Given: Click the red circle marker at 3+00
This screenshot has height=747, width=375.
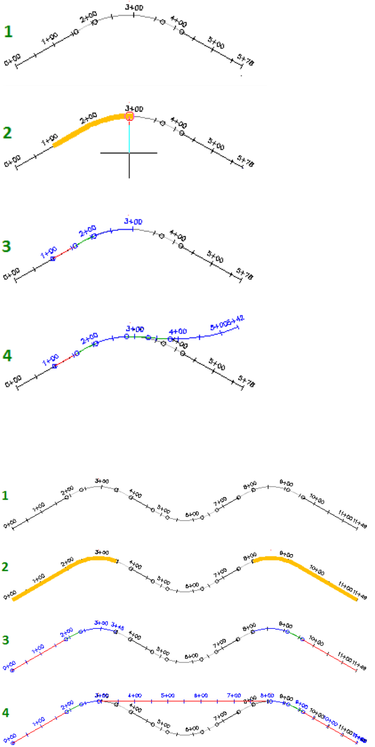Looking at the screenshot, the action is (x=129, y=116).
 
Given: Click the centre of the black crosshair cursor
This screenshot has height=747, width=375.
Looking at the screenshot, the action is (x=129, y=153).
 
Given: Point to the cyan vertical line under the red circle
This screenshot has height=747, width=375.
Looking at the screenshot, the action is (x=129, y=135).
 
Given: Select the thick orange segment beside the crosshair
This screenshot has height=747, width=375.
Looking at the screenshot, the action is (x=88, y=126).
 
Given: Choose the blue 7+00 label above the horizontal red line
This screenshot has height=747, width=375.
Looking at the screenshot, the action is (x=235, y=695).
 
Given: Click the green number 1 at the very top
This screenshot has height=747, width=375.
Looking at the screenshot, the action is (x=8, y=31).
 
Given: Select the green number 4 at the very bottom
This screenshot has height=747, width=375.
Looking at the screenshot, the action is (x=5, y=711).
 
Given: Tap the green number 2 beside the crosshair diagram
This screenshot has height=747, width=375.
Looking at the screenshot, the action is (x=8, y=133).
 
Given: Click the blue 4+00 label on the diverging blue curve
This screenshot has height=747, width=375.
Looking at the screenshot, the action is (x=178, y=332).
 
